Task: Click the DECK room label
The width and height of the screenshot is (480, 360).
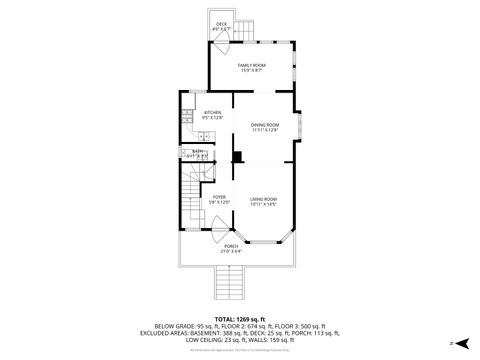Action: coord(221,24)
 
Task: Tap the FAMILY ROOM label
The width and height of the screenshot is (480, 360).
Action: coord(251,64)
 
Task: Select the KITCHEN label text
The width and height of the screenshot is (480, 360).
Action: coord(212,113)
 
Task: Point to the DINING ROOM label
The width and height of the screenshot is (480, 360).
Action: coord(265,124)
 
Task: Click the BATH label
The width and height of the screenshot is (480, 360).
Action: coord(197,151)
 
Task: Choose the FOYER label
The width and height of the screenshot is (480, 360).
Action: coord(219,197)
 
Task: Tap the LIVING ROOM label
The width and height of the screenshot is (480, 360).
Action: coord(264,197)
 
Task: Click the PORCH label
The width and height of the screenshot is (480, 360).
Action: coord(231,246)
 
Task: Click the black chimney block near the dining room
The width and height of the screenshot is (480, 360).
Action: coord(237,155)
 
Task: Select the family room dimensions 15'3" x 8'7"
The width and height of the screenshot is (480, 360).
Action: coord(251,70)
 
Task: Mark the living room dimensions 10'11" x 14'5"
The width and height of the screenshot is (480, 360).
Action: coord(264,203)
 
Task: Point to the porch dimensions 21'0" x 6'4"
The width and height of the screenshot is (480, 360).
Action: coord(231,251)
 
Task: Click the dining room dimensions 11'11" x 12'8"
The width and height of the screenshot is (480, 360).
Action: coord(265,130)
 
